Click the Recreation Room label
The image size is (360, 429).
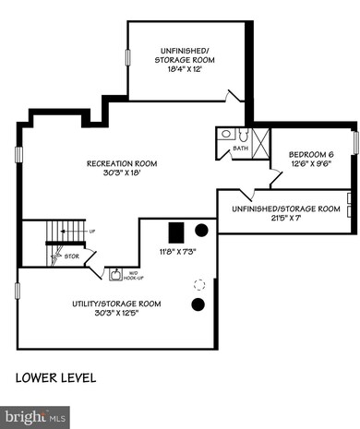point(121,163)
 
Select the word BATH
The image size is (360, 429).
point(240,148)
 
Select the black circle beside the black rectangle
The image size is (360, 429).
point(201,230)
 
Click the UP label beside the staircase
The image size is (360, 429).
point(90,231)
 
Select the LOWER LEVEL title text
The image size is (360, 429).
point(55,378)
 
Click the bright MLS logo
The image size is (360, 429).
point(37,418)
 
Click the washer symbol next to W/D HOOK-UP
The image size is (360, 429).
point(116,273)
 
